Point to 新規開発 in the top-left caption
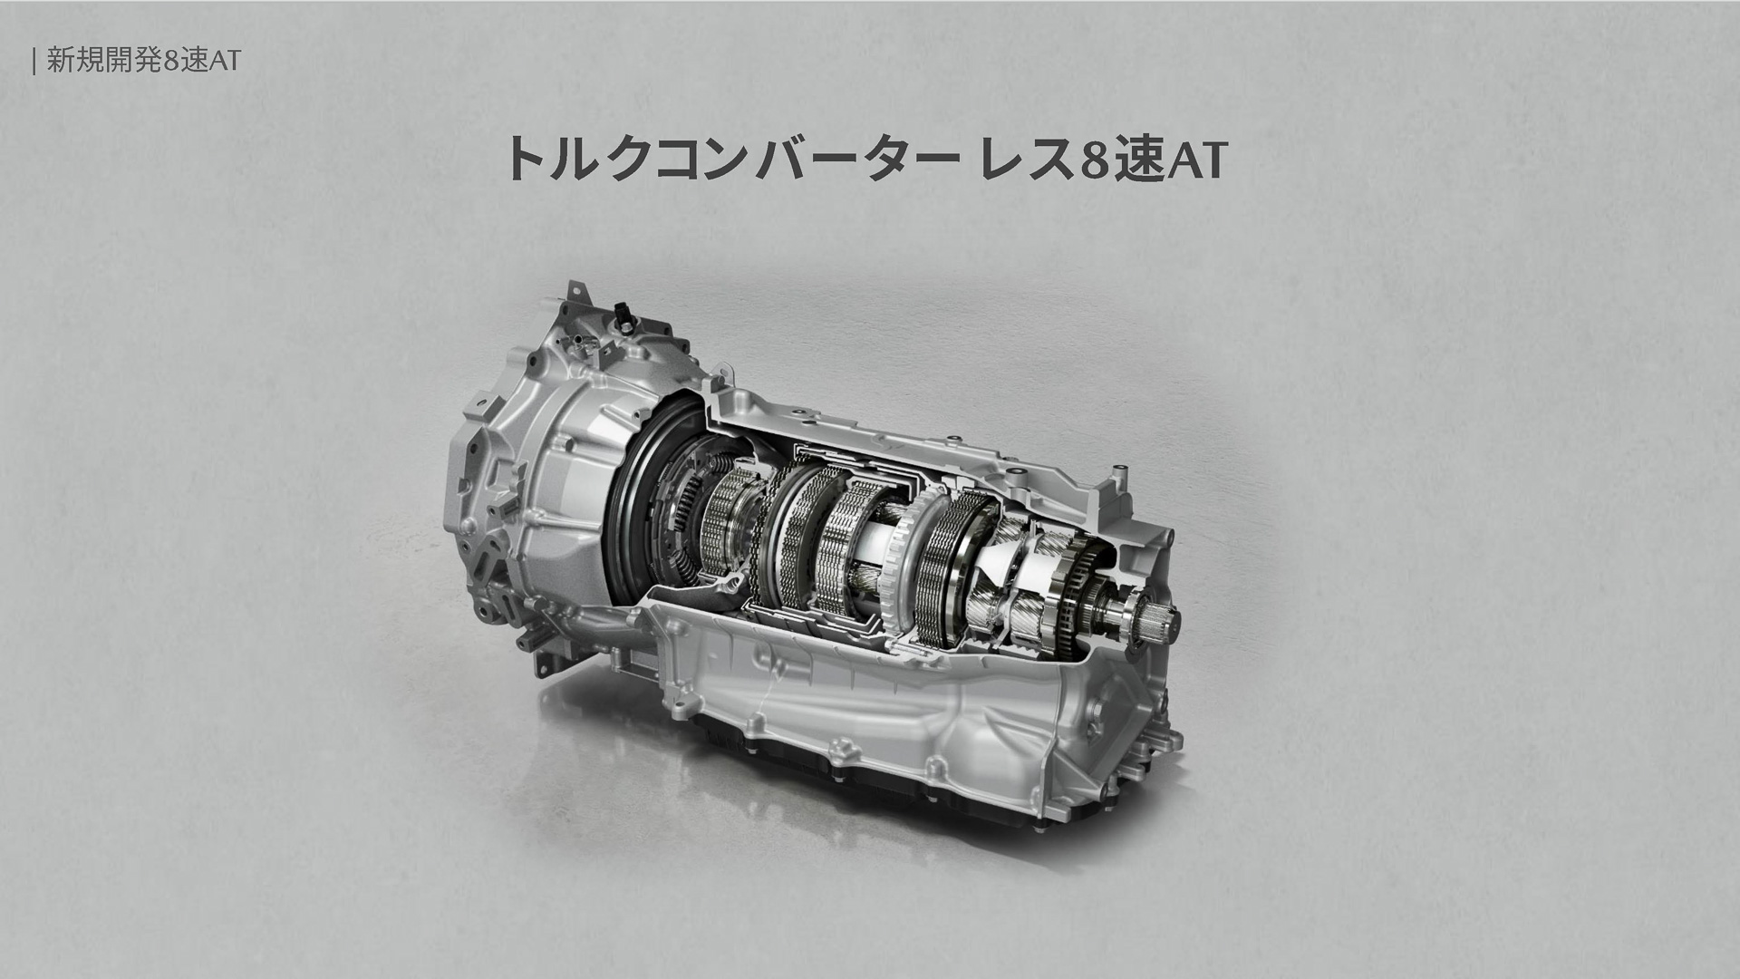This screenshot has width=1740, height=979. (105, 60)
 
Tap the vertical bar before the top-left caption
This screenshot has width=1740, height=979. (34, 60)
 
